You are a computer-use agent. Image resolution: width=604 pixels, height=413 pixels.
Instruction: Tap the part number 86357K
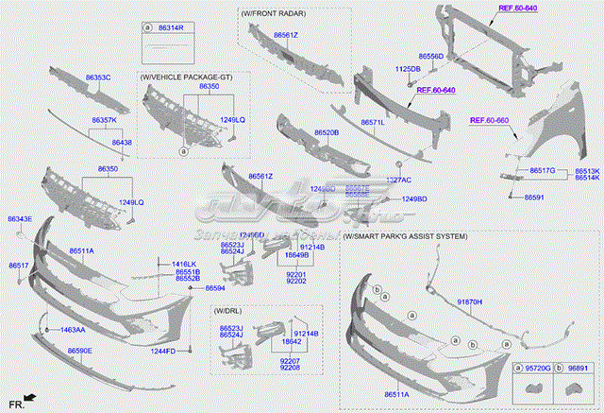click(x=104, y=121)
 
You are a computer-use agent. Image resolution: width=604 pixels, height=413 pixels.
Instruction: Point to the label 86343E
click(x=20, y=219)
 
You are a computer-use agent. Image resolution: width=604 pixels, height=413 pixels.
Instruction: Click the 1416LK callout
click(x=185, y=264)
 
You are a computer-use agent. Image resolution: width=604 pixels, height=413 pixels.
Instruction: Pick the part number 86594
click(x=214, y=287)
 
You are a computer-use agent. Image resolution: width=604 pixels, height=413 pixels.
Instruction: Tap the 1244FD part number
click(x=163, y=351)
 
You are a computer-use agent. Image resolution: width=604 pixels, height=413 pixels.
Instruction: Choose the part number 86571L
click(x=373, y=122)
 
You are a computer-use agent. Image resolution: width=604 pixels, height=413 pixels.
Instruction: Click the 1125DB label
click(x=408, y=69)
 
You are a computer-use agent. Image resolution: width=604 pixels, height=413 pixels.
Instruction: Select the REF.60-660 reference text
click(x=490, y=120)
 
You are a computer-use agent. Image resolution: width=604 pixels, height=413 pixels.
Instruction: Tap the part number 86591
click(x=534, y=197)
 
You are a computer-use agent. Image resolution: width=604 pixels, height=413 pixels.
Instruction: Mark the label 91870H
click(x=470, y=301)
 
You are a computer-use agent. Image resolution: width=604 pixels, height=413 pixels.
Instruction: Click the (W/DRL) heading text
click(x=226, y=311)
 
